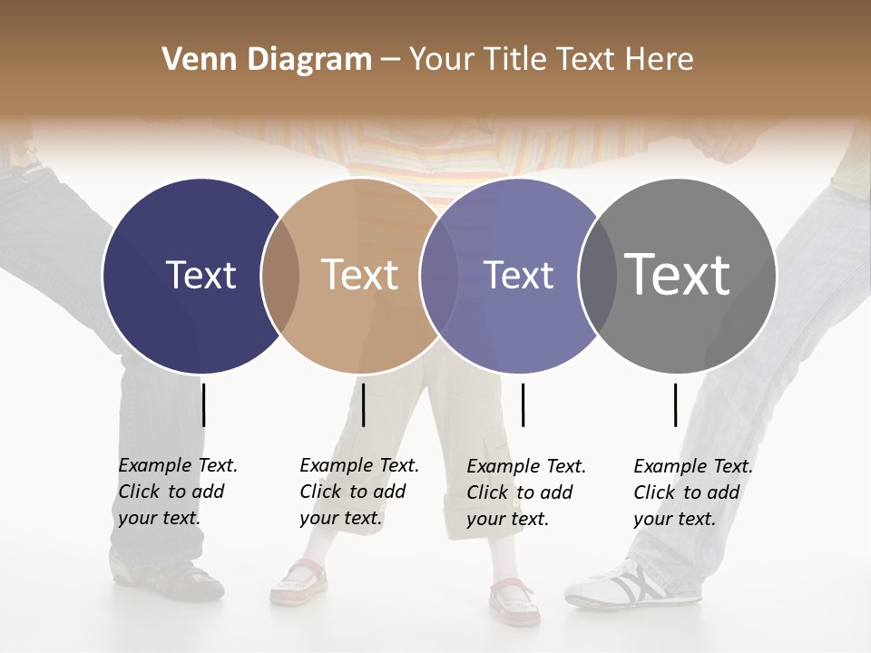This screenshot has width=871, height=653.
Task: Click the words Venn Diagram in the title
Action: point(267,60)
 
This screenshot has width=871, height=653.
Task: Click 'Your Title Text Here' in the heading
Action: point(551,60)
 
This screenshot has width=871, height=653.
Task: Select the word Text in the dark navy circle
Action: point(201,275)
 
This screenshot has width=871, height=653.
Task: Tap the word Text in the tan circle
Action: point(360,275)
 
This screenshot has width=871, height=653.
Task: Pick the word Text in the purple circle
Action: point(519,275)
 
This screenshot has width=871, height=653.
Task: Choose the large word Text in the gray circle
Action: point(678,275)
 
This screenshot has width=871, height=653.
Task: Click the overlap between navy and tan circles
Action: point(280,276)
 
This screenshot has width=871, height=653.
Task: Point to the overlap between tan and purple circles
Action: point(440,276)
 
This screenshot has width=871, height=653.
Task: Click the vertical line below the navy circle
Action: point(204,404)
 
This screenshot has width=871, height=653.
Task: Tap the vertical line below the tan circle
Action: point(363,404)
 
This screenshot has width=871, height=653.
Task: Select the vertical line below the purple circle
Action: point(523,404)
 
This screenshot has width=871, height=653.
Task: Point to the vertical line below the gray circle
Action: point(675,404)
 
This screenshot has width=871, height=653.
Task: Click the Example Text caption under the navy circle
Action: point(177,492)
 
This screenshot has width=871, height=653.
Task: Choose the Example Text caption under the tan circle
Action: point(358,492)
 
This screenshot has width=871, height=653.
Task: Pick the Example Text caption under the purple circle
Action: point(525,492)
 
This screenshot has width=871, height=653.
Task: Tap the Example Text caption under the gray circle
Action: point(692,492)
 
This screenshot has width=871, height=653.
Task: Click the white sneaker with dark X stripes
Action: point(635,585)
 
